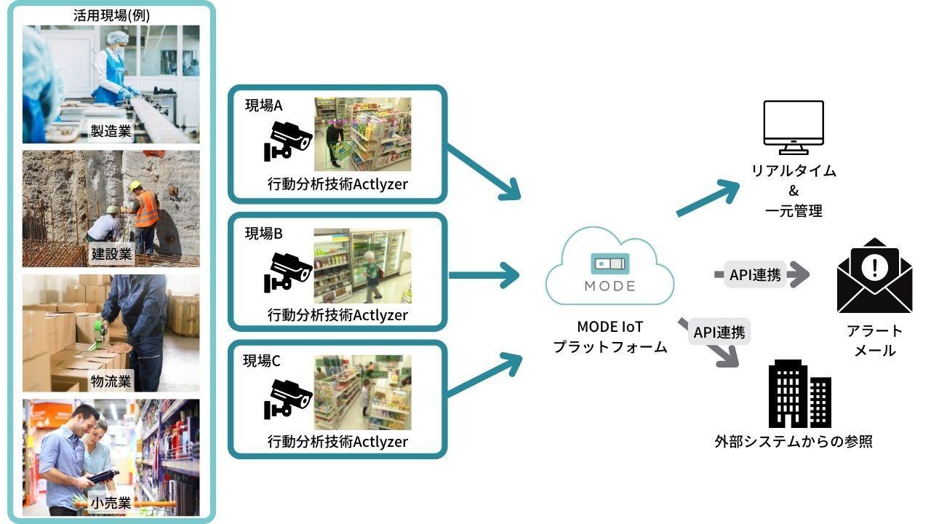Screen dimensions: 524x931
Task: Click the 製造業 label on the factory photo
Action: tap(111, 131)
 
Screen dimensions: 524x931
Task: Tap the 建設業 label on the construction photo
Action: tap(111, 255)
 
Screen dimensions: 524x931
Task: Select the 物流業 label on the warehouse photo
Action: tap(111, 381)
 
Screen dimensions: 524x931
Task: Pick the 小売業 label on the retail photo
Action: tap(111, 503)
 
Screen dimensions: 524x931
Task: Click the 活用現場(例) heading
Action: tap(112, 15)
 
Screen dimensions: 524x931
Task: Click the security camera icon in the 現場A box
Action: tap(287, 140)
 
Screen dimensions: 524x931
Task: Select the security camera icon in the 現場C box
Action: tap(287, 397)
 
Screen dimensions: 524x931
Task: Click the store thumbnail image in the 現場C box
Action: tap(362, 393)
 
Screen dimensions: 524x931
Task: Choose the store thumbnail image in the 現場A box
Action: tap(362, 135)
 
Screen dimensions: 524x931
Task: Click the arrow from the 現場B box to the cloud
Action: tap(484, 275)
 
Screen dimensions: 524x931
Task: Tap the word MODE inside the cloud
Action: tap(610, 286)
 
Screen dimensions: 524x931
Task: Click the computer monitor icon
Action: tap(793, 127)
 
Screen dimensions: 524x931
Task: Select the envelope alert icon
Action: tap(874, 277)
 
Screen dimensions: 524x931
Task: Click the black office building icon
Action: tap(799, 394)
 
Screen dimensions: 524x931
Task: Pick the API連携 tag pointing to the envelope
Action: tap(755, 275)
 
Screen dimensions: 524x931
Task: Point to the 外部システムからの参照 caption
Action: tap(793, 441)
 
